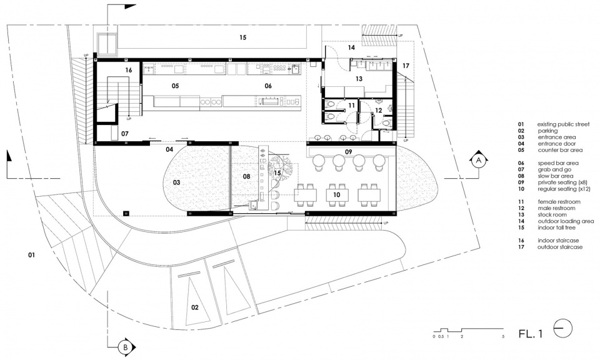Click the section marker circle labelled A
point(478,161)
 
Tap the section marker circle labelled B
point(125,347)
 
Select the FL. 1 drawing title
point(531,334)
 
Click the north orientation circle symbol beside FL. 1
point(563,329)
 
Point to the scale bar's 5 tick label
point(503,337)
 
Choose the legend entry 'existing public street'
point(563,124)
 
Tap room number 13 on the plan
point(359,79)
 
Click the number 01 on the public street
point(31,254)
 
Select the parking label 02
point(195,307)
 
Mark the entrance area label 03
point(176,182)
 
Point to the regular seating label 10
point(336,195)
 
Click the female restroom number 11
point(351,105)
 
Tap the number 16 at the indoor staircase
point(129,70)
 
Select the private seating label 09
point(348,152)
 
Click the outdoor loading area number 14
point(351,47)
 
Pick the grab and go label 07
point(125,134)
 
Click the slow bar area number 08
point(246,176)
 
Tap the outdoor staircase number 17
point(406,66)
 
